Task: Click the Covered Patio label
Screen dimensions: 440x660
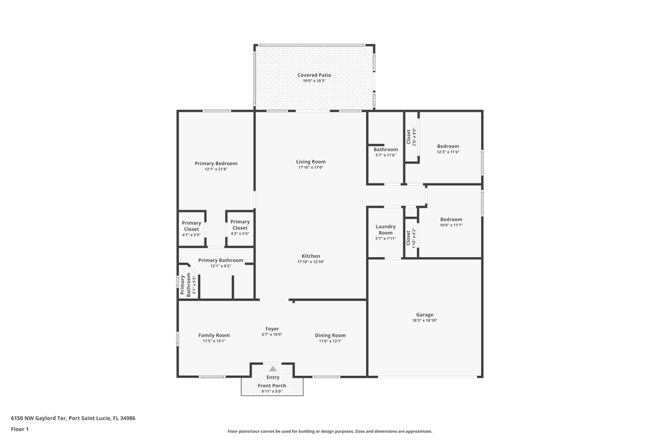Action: (314, 75)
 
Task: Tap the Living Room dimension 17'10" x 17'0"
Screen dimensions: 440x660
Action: (310, 167)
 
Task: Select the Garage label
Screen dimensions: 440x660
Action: (425, 315)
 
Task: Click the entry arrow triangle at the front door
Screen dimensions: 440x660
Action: (273, 369)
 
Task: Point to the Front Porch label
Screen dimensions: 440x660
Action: (272, 386)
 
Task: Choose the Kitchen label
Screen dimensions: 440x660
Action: (310, 256)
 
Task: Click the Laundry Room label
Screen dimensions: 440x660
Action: (386, 229)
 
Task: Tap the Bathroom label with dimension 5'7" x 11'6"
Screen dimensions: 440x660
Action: (386, 149)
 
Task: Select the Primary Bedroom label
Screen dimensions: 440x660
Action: (216, 163)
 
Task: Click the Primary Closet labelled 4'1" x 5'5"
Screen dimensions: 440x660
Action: (191, 226)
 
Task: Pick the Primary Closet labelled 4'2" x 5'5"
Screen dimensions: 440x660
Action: (240, 225)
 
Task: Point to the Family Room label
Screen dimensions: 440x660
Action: (214, 335)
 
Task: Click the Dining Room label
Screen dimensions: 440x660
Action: (330, 335)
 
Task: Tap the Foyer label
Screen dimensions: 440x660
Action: (272, 329)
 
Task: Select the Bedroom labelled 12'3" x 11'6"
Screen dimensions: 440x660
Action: (448, 146)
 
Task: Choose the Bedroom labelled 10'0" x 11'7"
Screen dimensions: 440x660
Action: (451, 219)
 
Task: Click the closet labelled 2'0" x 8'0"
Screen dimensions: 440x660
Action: (411, 136)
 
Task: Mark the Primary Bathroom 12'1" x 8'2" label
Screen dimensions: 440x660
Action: (221, 260)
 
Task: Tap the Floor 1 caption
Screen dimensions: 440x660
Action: (20, 429)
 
